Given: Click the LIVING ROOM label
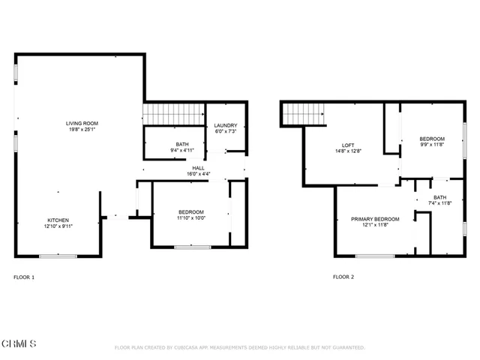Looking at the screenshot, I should click(x=82, y=123).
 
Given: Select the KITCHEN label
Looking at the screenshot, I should click(x=57, y=220).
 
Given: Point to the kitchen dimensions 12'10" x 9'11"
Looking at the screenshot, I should click(x=57, y=226).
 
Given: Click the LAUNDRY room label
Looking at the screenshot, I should click(x=226, y=125).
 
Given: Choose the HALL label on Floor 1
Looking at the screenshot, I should click(x=198, y=168).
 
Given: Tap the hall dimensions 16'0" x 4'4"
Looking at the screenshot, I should click(x=198, y=174).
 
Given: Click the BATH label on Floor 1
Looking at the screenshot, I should click(x=182, y=144).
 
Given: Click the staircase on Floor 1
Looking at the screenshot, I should click(x=174, y=114).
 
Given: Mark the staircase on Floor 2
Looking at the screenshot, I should click(x=303, y=113).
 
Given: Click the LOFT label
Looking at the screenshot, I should click(x=349, y=145).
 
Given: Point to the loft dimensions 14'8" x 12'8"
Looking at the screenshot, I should click(x=349, y=151).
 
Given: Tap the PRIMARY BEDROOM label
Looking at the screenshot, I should click(x=375, y=219).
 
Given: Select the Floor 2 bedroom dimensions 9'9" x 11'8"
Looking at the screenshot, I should click(x=432, y=145).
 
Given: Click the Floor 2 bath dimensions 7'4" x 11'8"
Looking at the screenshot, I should click(x=439, y=203).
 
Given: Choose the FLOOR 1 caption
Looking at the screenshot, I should click(x=24, y=277).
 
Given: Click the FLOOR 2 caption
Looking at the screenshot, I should click(x=343, y=277).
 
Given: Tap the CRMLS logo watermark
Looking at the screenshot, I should click(x=19, y=343).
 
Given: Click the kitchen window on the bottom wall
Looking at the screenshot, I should click(x=58, y=256).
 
